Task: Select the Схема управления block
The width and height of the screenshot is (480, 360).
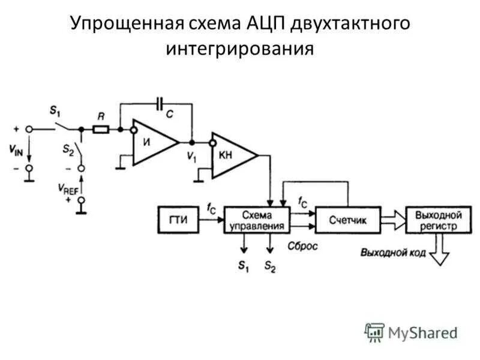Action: pos(257,220)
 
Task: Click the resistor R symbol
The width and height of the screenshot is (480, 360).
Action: pos(101,128)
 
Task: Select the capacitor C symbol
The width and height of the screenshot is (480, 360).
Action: pos(160,104)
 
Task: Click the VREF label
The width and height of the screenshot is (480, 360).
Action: pos(68,187)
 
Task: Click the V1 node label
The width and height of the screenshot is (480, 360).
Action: pos(191,157)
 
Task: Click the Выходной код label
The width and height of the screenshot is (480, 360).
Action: pos(393,253)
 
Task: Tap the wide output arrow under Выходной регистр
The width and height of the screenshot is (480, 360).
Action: pos(442,251)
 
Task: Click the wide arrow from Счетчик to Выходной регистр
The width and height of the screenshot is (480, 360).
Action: pos(394,220)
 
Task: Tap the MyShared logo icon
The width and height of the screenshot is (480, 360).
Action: pos(374,332)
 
